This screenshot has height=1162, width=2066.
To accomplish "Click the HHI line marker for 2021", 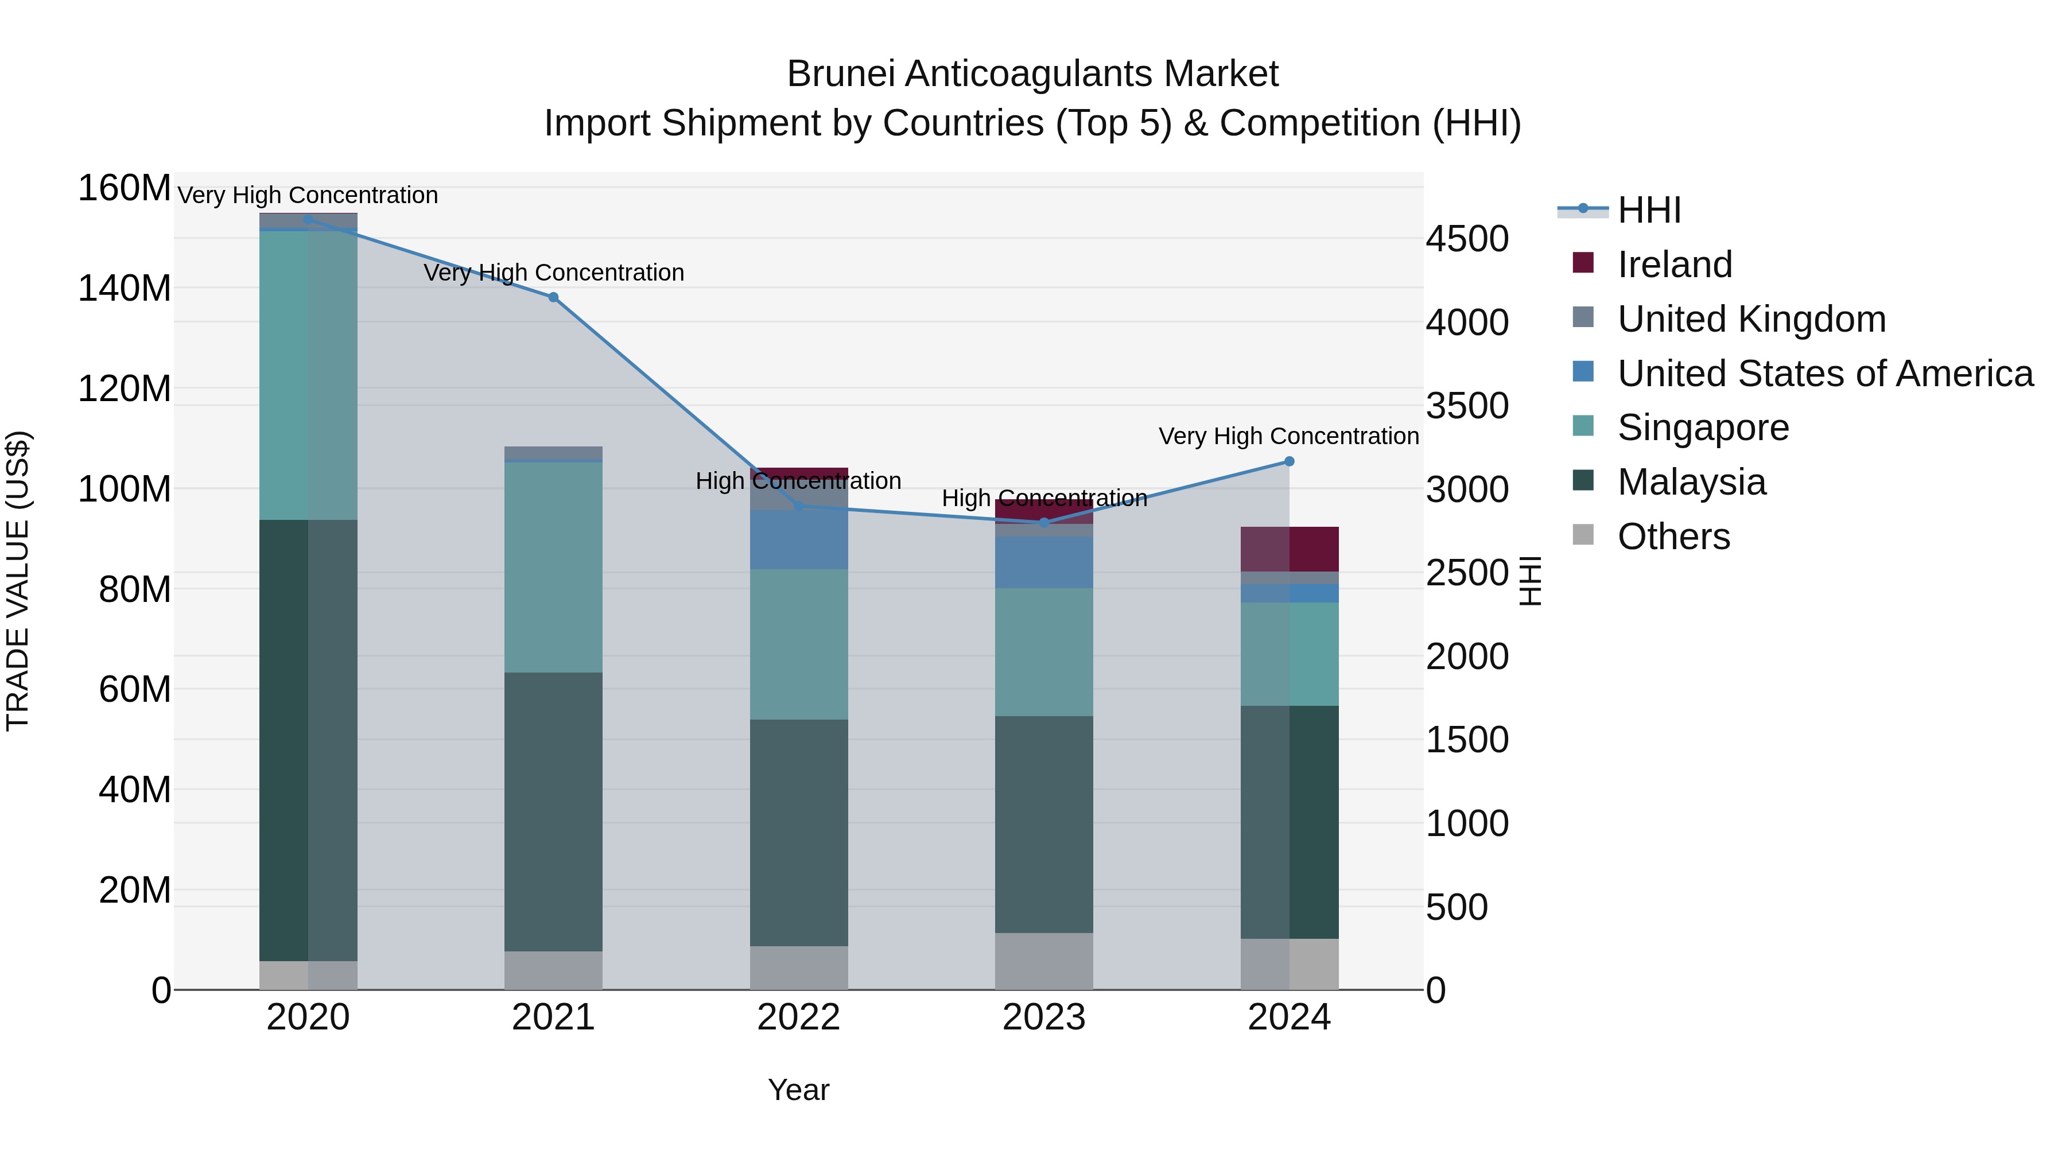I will click(x=553, y=297).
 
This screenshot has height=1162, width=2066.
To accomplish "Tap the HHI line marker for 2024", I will click(x=1289, y=461).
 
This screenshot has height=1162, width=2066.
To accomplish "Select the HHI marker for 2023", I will click(x=1043, y=523).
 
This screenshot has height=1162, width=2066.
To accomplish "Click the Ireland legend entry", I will click(x=1674, y=265).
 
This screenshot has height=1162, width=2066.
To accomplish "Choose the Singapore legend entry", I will click(x=1703, y=428).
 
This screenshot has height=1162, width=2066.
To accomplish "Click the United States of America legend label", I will click(x=1824, y=374).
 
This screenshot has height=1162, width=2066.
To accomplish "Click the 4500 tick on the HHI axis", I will click(x=1467, y=239).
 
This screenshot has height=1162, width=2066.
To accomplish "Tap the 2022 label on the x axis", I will click(x=798, y=1017).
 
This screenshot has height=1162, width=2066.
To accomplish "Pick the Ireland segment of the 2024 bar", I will click(x=1289, y=549).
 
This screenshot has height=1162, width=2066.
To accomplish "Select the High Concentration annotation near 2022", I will click(x=798, y=481).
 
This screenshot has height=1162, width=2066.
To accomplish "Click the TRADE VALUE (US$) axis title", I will click(x=18, y=581).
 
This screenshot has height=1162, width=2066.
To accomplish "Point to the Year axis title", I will click(x=798, y=1090).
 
